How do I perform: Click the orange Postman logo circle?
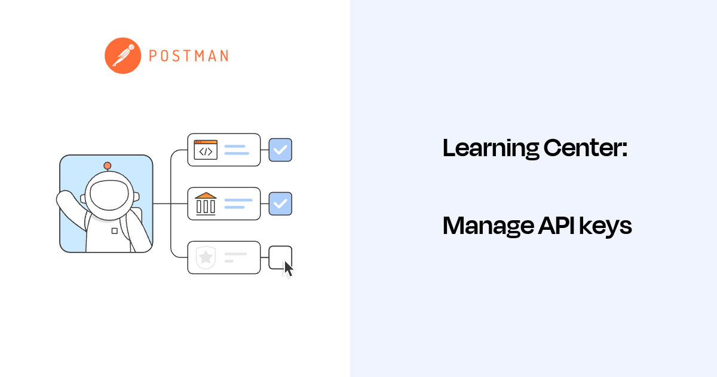click(122, 56)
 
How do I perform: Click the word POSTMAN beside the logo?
click(188, 56)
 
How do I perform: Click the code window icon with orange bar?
click(206, 150)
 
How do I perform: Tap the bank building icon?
click(206, 203)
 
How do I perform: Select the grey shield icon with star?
click(206, 257)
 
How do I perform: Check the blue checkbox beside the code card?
click(280, 150)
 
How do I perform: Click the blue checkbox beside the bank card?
click(280, 203)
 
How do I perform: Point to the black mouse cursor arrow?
click(288, 269)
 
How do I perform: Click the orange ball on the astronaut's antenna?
click(107, 165)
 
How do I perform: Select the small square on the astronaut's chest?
click(114, 230)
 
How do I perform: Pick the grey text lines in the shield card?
click(234, 257)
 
